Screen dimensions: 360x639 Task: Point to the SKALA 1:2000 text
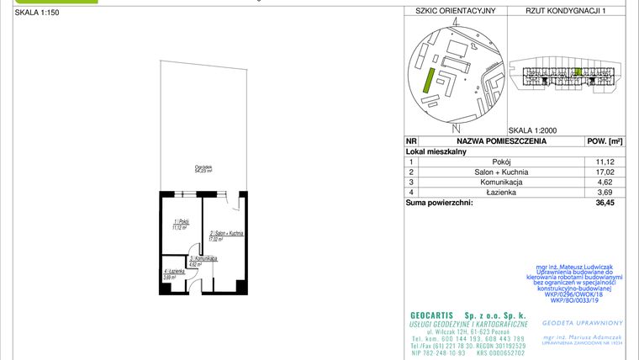click(x=533, y=130)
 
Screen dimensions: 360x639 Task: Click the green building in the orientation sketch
click(x=428, y=81)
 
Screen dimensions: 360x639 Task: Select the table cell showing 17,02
click(x=602, y=172)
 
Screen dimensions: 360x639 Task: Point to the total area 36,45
click(x=602, y=203)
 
